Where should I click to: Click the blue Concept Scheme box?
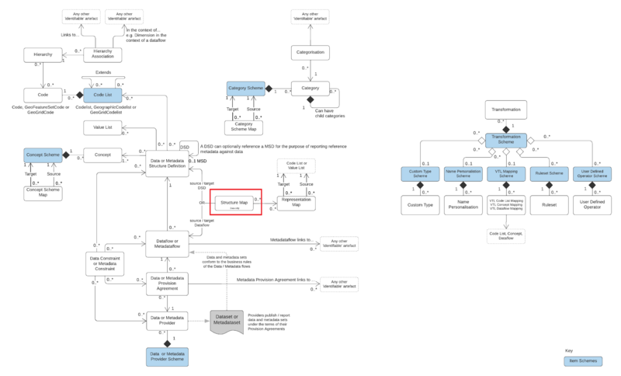[43, 155]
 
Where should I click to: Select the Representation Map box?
[297, 204]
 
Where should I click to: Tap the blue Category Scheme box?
[245, 89]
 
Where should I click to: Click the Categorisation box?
[310, 53]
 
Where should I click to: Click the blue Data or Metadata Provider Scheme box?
[166, 356]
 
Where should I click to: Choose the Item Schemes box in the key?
[584, 361]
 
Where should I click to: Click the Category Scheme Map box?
[243, 126]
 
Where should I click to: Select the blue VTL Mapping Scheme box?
[506, 175]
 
